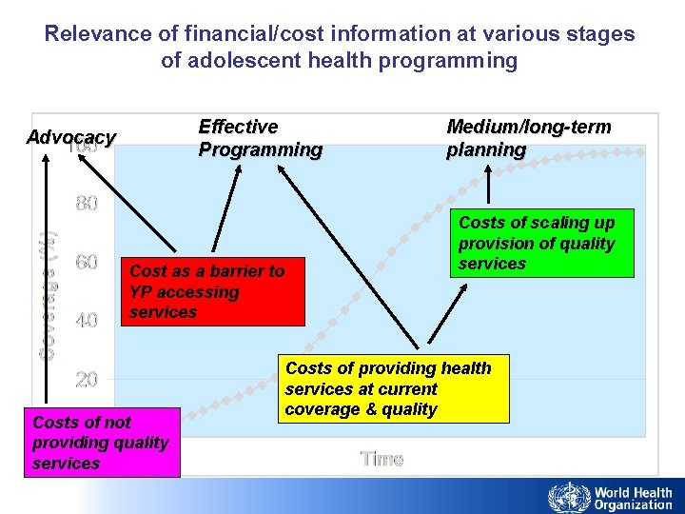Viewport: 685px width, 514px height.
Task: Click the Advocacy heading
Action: click(70, 138)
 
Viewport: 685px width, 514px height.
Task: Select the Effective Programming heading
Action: click(260, 138)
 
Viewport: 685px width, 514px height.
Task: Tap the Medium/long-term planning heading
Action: click(528, 138)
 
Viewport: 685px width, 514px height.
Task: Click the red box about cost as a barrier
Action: click(214, 291)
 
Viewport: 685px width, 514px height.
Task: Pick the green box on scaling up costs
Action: click(541, 243)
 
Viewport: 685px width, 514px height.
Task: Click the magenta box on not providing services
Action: click(102, 443)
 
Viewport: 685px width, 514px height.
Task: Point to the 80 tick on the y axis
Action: click(87, 204)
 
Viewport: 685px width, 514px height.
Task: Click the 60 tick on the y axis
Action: click(87, 263)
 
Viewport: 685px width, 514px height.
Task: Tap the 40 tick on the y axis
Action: click(87, 321)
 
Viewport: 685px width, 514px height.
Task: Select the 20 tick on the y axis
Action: click(87, 380)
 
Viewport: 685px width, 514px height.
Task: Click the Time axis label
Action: click(382, 460)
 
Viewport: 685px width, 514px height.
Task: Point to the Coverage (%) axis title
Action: click(47, 295)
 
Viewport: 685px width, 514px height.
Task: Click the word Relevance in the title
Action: click(100, 34)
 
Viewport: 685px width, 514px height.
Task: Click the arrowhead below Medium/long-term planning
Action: click(489, 169)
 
